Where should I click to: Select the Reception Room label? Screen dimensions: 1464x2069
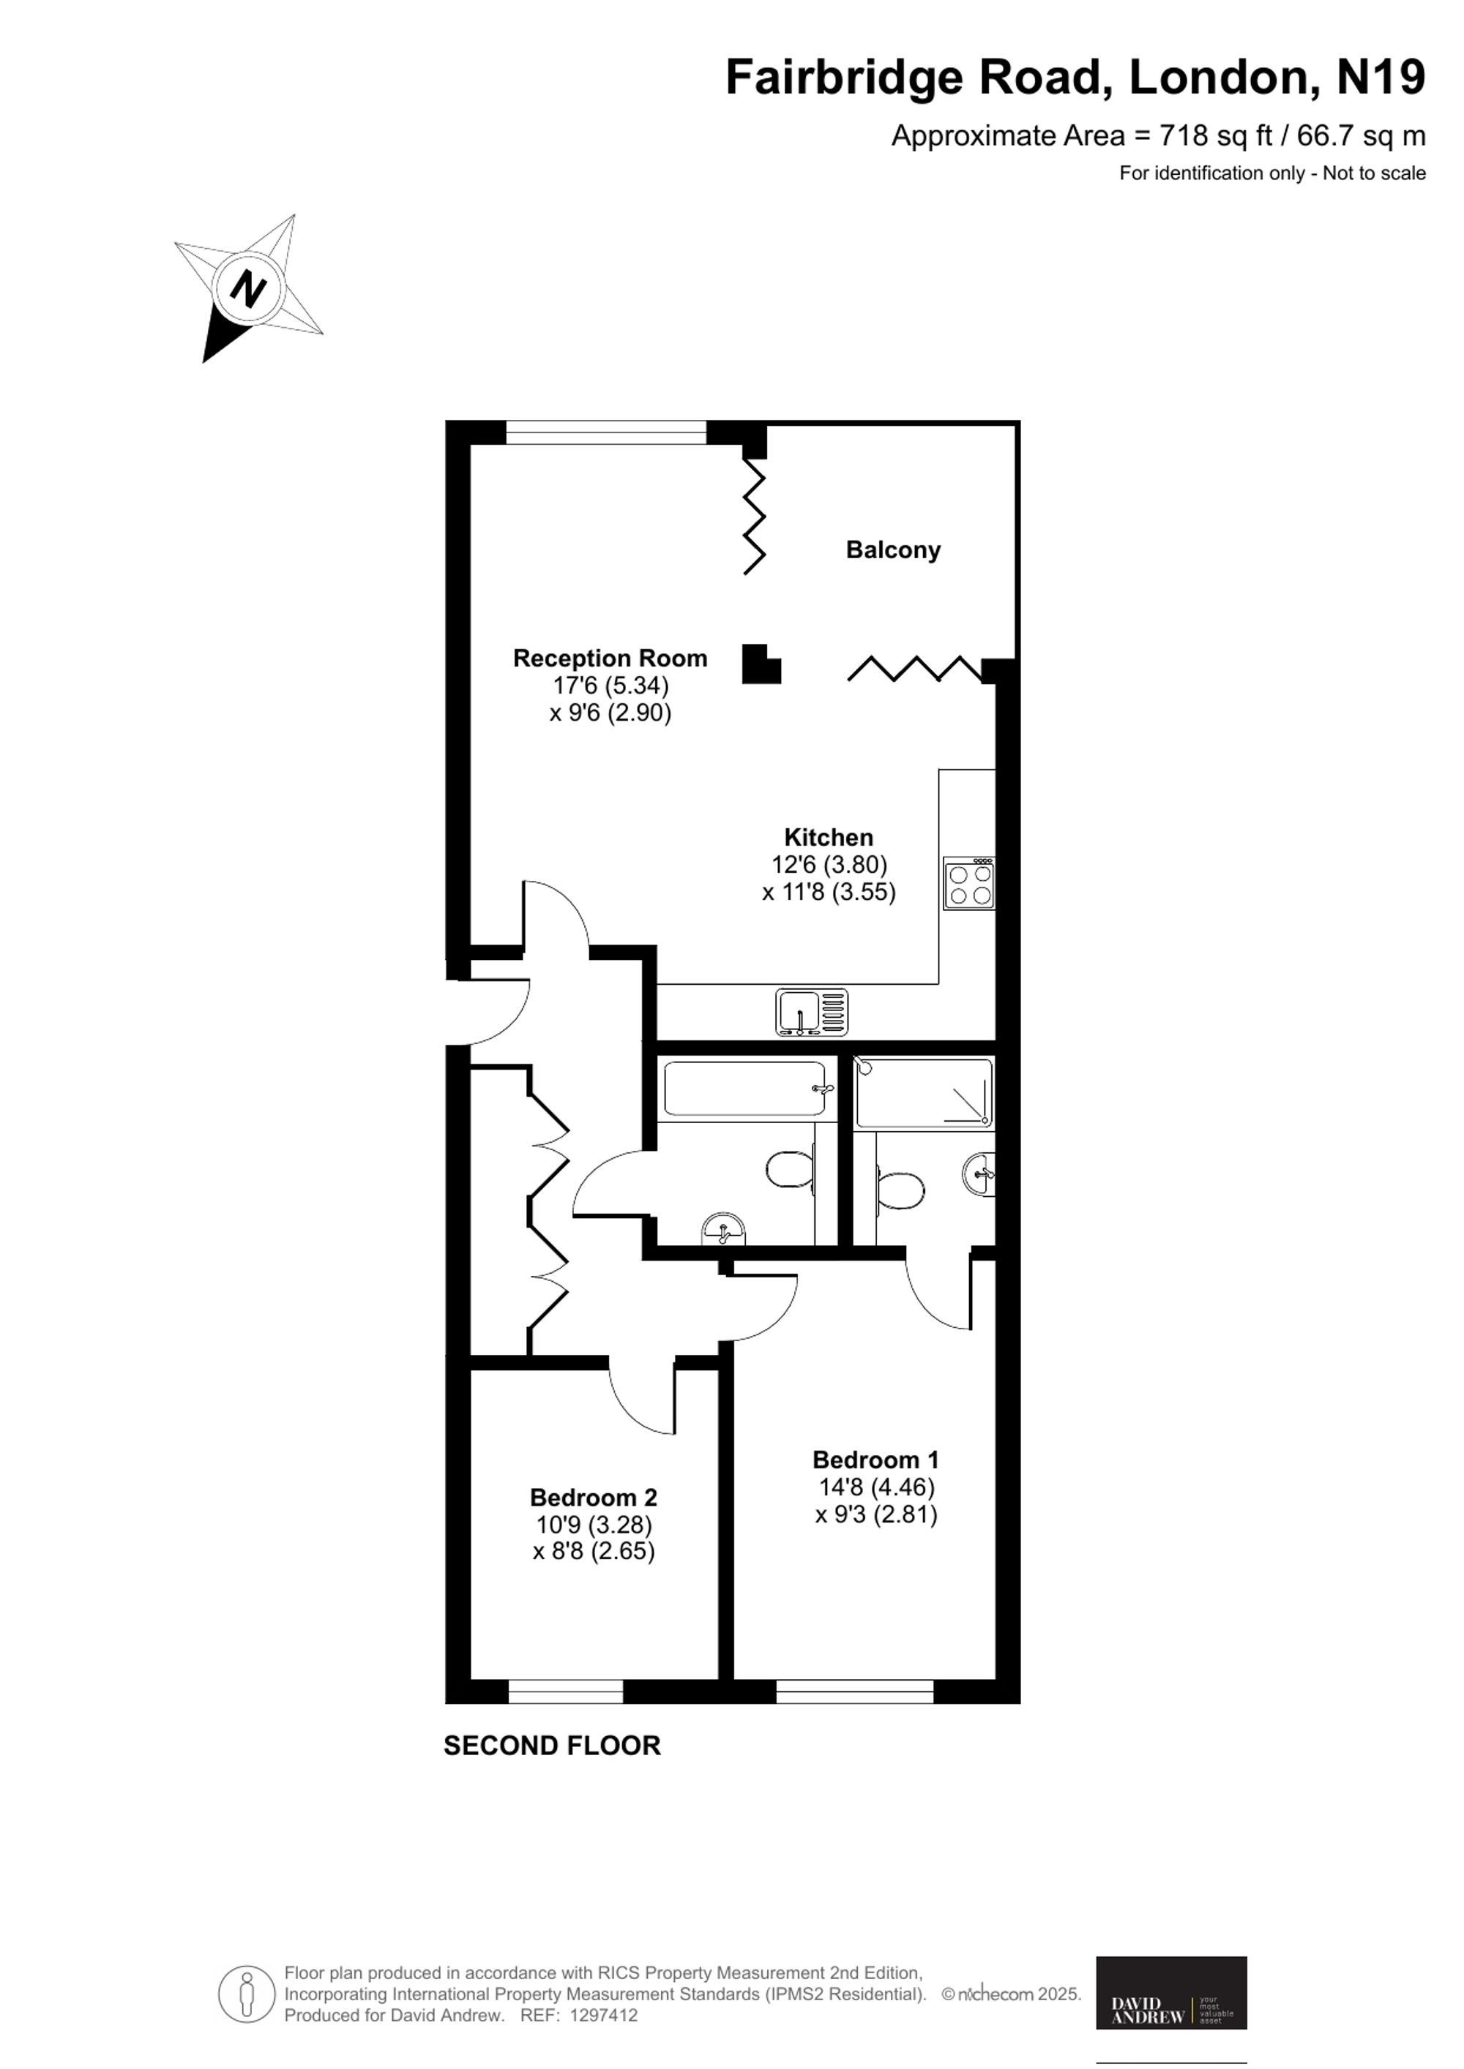[x=610, y=658]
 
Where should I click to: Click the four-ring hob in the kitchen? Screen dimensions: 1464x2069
[x=970, y=883]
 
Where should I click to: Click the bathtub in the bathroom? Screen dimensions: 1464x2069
[x=747, y=1089]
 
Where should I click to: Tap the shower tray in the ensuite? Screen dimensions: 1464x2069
[x=924, y=1092]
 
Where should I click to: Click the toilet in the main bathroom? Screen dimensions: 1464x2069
[x=791, y=1170]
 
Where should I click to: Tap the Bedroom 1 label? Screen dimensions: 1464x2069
[x=875, y=1459]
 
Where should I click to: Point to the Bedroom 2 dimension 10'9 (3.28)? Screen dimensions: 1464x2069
[x=594, y=1525]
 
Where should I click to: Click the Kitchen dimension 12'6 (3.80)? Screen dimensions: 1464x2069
[x=829, y=865]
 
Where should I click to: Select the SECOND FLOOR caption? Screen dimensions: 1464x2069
[x=553, y=1746]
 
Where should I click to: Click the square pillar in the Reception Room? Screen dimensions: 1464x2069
[x=760, y=664]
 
